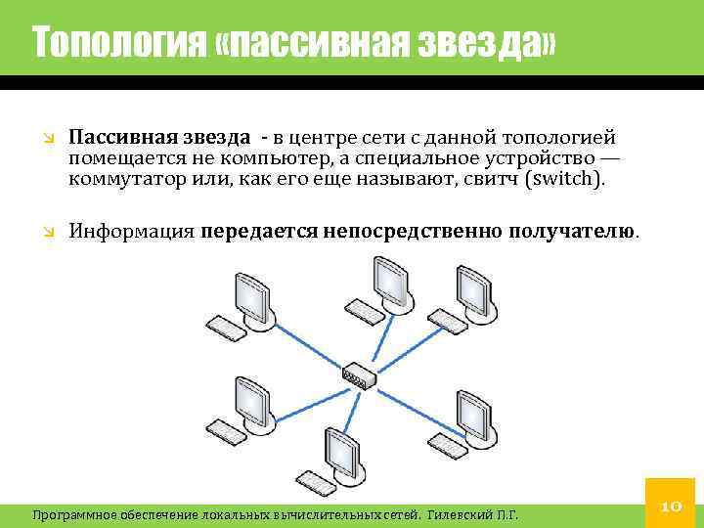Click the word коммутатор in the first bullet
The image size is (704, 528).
coord(123,180)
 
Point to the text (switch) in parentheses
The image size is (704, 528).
coord(571,180)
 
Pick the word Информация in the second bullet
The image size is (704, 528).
coord(131,232)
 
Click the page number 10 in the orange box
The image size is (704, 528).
coord(671,506)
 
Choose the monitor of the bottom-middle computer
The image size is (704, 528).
coord(343,452)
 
